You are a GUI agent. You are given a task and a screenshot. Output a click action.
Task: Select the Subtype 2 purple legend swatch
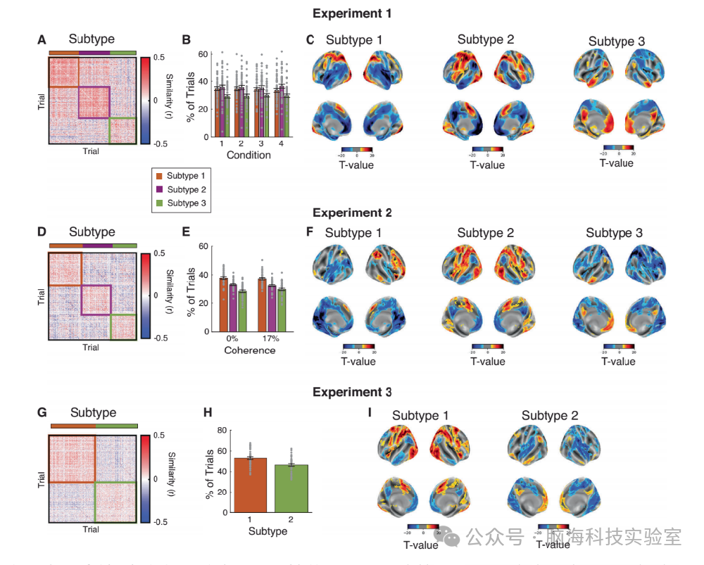point(159,189)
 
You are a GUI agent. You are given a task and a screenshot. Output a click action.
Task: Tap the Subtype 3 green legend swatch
point(159,203)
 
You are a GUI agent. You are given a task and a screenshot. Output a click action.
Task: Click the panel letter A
point(42,40)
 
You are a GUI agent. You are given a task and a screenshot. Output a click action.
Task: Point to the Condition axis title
point(248,155)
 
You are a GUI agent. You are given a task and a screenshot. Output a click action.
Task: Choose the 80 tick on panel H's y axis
point(222,430)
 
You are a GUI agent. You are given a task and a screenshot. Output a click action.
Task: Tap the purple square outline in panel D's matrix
point(96,300)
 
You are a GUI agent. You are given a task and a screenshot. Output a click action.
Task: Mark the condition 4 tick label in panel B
point(281,144)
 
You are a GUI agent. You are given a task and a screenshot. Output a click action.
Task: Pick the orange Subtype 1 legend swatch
point(159,175)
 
